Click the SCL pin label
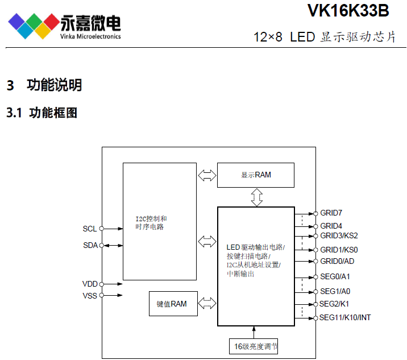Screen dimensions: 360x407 click(x=90, y=229)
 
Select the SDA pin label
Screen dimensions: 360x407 click(x=90, y=245)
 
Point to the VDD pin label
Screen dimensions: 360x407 click(x=90, y=284)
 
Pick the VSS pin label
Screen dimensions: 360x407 click(x=90, y=295)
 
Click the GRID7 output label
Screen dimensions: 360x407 click(x=331, y=213)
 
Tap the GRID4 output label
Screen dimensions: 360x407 click(x=331, y=226)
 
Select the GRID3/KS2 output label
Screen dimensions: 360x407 click(x=339, y=235)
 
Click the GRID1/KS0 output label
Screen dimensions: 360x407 click(x=339, y=250)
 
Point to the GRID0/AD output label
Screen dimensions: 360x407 click(x=337, y=261)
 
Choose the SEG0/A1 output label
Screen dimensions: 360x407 click(x=335, y=276)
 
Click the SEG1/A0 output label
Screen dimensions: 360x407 click(x=335, y=291)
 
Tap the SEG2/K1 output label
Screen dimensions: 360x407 click(x=334, y=304)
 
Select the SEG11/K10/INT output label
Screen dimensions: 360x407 click(x=345, y=317)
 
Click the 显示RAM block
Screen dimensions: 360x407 click(x=256, y=175)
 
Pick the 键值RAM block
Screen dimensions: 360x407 click(x=172, y=304)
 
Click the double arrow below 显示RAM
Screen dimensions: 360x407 click(x=256, y=197)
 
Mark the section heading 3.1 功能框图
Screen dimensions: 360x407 click(x=42, y=113)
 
